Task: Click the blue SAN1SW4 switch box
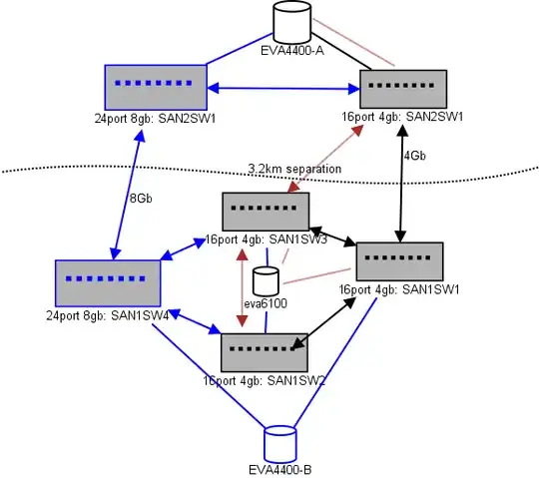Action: [108, 284]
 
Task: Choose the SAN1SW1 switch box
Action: [399, 260]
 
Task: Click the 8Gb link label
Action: [141, 198]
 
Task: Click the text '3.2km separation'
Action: [294, 170]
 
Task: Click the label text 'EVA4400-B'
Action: [280, 469]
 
